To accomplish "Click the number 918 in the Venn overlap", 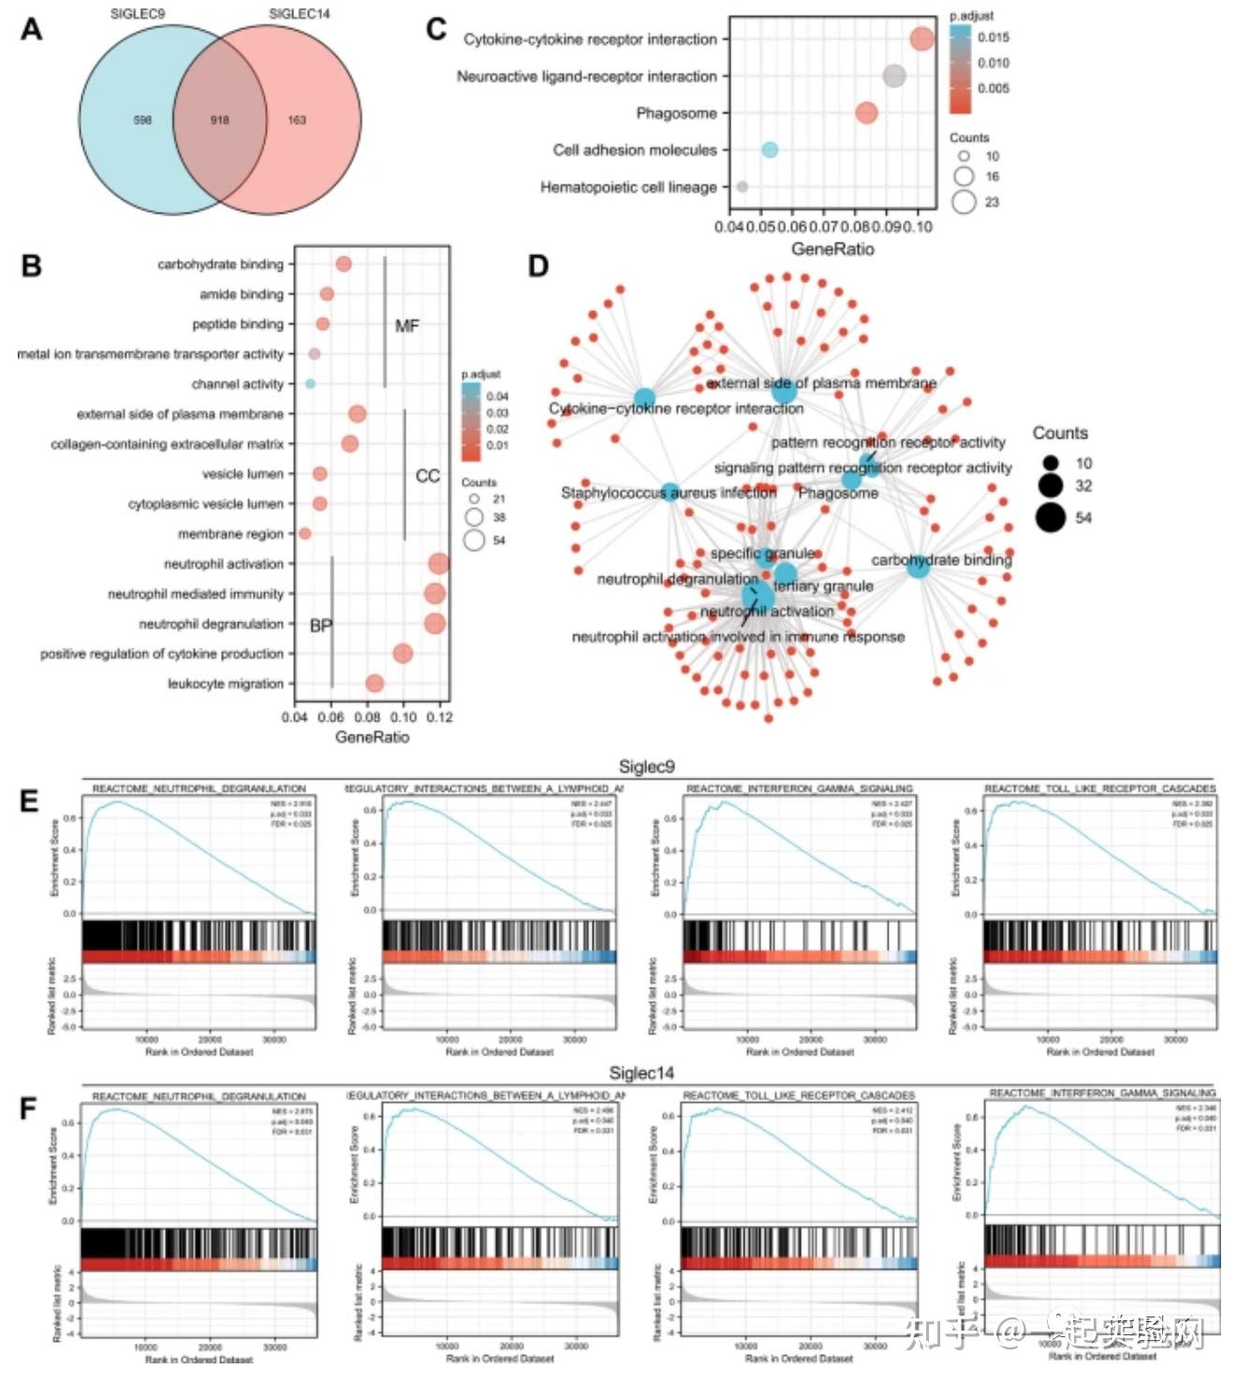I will (x=219, y=120).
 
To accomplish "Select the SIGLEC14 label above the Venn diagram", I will (x=299, y=14).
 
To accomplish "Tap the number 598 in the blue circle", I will (x=142, y=120).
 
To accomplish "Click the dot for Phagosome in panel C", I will (x=866, y=113).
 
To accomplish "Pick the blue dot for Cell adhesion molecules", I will (x=769, y=150).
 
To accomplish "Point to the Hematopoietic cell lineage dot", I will (x=743, y=186).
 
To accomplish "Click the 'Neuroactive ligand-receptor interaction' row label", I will (x=586, y=77).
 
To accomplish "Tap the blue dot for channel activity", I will (x=310, y=383).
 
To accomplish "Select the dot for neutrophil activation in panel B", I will (x=438, y=563).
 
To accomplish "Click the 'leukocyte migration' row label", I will (x=225, y=684).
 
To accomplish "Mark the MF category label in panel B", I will (x=406, y=326).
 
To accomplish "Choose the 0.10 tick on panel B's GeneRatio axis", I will (x=404, y=717).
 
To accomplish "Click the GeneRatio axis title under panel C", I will (x=832, y=249).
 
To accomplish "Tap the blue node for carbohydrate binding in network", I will (x=918, y=565).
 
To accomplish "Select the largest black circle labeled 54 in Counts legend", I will (x=1051, y=517).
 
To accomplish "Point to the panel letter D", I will (x=538, y=266).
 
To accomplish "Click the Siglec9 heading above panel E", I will (x=646, y=766).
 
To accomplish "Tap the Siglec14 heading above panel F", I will (x=641, y=1073).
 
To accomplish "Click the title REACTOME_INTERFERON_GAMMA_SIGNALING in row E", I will (x=799, y=789).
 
